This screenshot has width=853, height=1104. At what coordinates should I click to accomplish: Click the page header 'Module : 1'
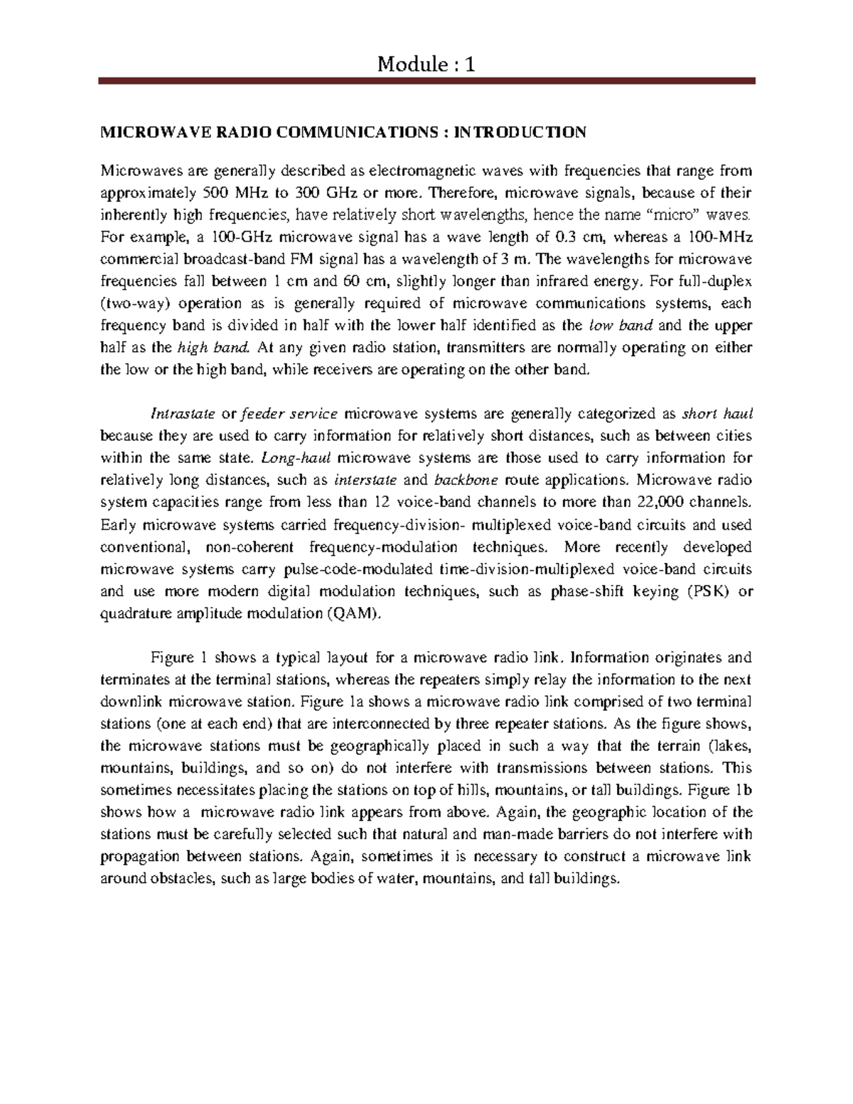coord(426,65)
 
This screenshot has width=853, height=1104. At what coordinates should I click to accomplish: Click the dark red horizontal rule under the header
coord(426,83)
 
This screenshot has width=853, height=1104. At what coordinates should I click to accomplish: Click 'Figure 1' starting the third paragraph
coord(177,658)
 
